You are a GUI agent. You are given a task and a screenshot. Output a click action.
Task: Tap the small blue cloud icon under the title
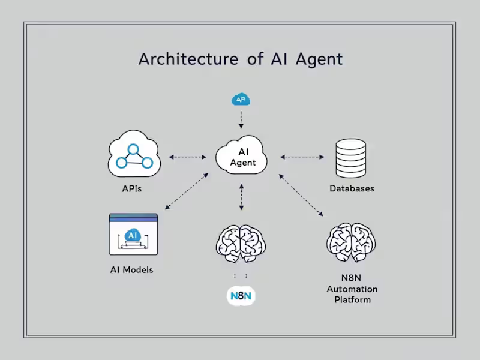coord(241,99)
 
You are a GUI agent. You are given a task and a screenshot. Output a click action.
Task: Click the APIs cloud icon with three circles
coord(133,156)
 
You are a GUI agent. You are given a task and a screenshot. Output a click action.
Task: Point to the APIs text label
coord(131,188)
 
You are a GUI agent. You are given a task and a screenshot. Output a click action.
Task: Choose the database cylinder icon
coord(351,157)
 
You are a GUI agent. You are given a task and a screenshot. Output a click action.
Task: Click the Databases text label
coord(352,188)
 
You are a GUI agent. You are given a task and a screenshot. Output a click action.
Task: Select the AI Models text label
coord(131,269)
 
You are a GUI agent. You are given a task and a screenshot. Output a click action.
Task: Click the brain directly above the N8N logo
coord(241,242)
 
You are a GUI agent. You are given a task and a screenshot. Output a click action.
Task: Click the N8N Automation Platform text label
coord(352,289)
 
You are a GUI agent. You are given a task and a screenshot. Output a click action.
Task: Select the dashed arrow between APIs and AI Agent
coord(187,157)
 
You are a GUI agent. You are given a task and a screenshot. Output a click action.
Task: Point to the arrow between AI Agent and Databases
coord(301,157)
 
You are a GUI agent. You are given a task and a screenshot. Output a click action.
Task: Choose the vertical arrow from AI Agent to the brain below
coord(241,197)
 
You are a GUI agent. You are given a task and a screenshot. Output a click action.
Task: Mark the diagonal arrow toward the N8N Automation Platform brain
coord(301,194)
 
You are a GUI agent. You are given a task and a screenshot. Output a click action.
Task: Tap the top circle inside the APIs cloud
coord(133,149)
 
